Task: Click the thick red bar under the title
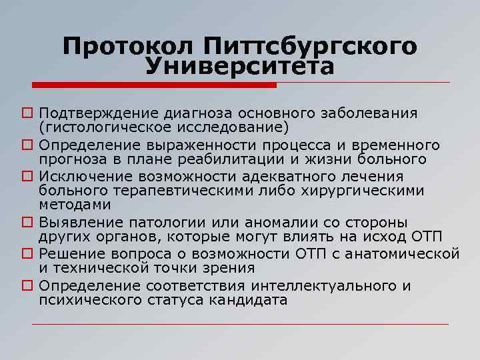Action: click(154, 85)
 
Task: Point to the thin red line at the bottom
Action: click(240, 325)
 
